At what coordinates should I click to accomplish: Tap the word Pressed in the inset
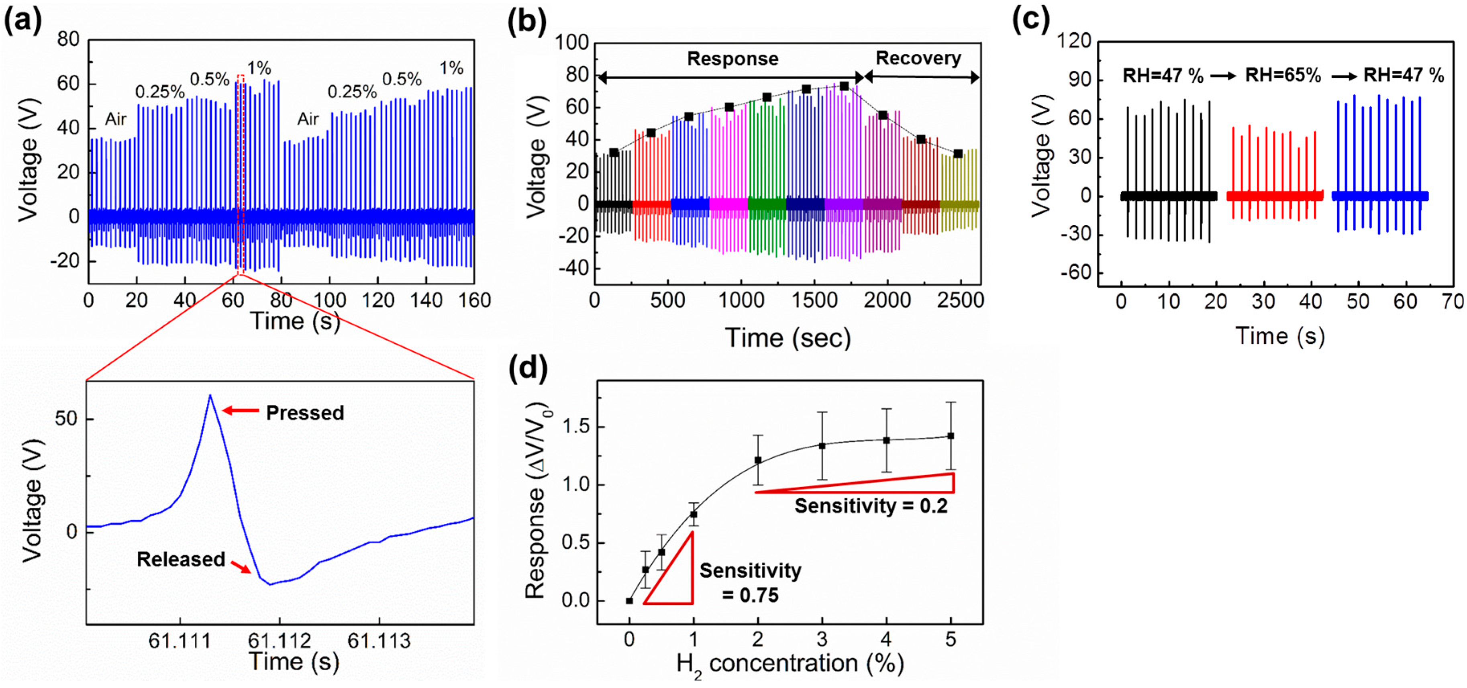(x=305, y=412)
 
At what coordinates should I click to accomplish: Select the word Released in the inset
(x=181, y=559)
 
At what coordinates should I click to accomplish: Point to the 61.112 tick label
(x=279, y=641)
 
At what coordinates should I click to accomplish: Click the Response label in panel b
(x=732, y=59)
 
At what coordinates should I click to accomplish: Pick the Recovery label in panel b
(x=918, y=58)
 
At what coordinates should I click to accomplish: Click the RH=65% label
(x=1283, y=75)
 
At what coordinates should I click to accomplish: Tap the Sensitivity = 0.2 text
(x=871, y=506)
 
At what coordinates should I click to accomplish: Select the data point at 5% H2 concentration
(x=951, y=436)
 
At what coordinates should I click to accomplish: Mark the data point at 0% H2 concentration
(x=629, y=601)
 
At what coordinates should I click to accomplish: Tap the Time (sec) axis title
(x=788, y=338)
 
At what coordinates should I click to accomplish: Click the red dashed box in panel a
(x=240, y=174)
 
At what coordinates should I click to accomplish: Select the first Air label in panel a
(x=116, y=119)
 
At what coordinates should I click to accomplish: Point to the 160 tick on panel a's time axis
(x=474, y=300)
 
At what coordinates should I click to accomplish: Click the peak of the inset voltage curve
(x=210, y=395)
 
